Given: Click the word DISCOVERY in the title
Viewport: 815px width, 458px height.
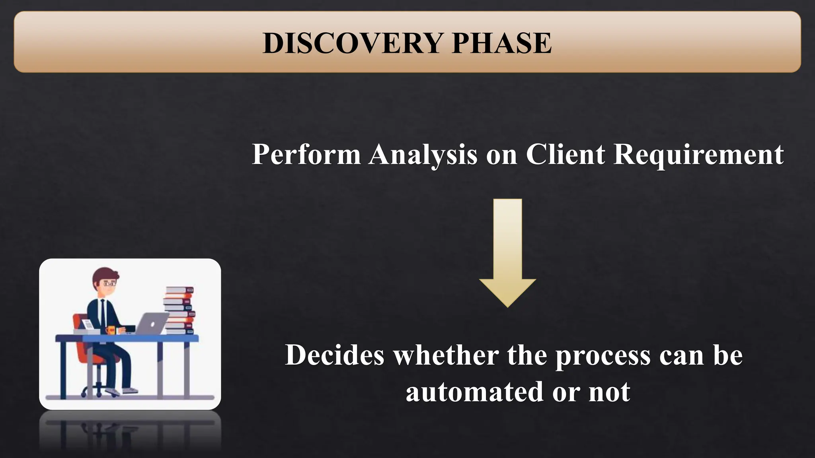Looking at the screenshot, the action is [x=353, y=43].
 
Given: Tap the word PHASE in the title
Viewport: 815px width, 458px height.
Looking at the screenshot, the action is [x=502, y=43].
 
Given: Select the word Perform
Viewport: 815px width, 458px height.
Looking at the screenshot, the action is [x=306, y=154].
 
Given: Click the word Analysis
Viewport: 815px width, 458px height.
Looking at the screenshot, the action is [x=423, y=155].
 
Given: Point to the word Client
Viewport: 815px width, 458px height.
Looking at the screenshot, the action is [x=565, y=154].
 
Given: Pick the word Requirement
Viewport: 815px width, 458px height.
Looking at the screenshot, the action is [x=698, y=155].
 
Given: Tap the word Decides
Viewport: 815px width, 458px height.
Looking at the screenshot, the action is [x=335, y=355].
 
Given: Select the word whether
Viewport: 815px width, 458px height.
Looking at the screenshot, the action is [x=446, y=355].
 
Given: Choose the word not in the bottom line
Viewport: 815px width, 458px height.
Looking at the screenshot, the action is [x=609, y=392].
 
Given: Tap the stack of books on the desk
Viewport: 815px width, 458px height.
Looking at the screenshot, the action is [x=179, y=310].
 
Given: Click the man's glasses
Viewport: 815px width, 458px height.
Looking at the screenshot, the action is [x=109, y=284].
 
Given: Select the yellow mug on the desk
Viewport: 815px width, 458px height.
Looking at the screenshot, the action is [x=111, y=330].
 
